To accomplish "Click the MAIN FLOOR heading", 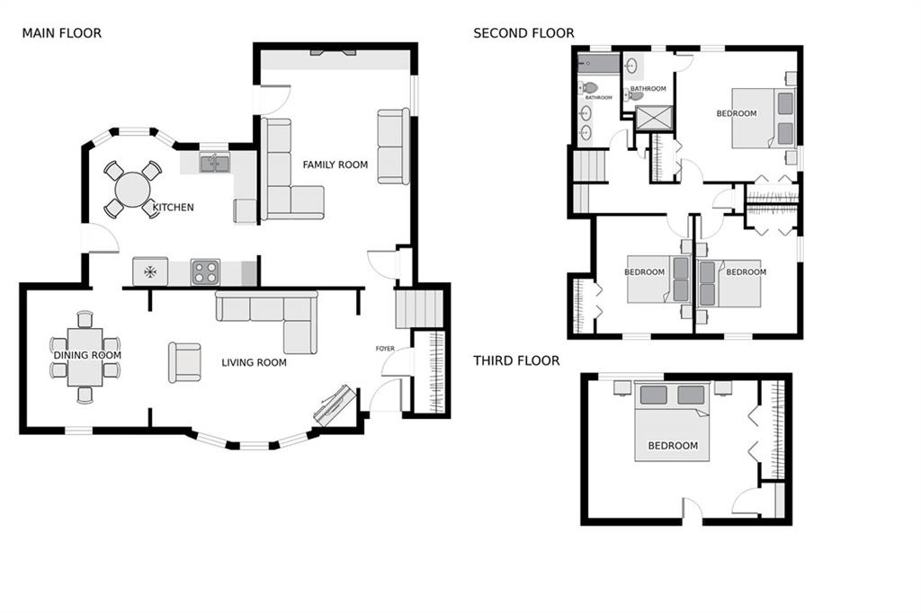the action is click(x=62, y=33).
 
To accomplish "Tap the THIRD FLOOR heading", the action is click(x=516, y=360).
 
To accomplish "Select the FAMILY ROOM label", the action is click(x=335, y=165).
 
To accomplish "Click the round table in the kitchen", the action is click(x=133, y=189).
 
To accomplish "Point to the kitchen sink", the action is click(x=214, y=163).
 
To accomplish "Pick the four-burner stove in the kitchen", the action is click(x=206, y=271).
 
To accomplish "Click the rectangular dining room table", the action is click(x=85, y=357).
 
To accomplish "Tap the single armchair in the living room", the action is click(x=184, y=362).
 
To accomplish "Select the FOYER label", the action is click(x=385, y=349).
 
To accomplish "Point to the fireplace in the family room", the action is click(x=333, y=53).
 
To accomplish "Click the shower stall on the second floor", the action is click(x=654, y=119).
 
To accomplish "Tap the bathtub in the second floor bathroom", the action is click(x=598, y=64).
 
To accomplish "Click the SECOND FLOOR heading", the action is click(x=524, y=33).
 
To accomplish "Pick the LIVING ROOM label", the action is click(x=254, y=363).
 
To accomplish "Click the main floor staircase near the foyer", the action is click(x=419, y=308).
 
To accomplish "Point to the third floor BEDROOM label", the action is click(x=673, y=446).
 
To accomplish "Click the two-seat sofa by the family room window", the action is click(x=394, y=147).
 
